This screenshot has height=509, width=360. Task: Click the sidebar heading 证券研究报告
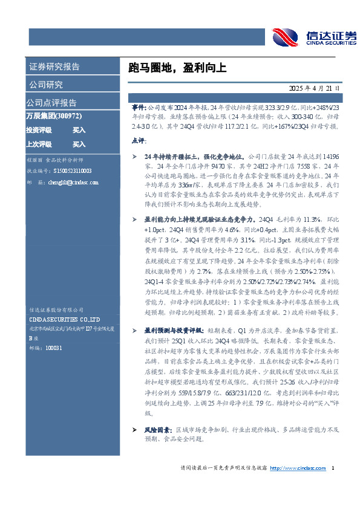(x=54, y=66)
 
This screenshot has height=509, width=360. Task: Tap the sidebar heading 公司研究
(x=45, y=84)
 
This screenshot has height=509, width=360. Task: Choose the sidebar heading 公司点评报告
(x=51, y=102)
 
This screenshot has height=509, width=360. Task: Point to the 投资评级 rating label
(x=38, y=130)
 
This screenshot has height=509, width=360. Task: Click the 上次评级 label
(x=38, y=144)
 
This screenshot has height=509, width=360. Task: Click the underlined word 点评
(x=139, y=141)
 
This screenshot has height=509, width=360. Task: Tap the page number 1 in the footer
(x=333, y=468)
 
